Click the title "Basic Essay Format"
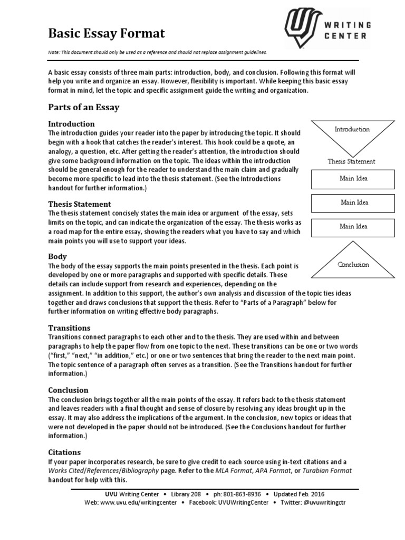[107, 34]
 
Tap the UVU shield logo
[303, 28]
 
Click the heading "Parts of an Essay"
[84, 107]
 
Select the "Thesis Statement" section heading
[80, 204]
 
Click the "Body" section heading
[57, 256]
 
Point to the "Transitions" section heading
[69, 327]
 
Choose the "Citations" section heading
[64, 452]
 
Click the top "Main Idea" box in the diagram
[353, 179]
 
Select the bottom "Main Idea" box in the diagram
[353, 227]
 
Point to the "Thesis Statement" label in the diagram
[351, 161]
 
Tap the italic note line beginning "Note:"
[158, 52]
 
